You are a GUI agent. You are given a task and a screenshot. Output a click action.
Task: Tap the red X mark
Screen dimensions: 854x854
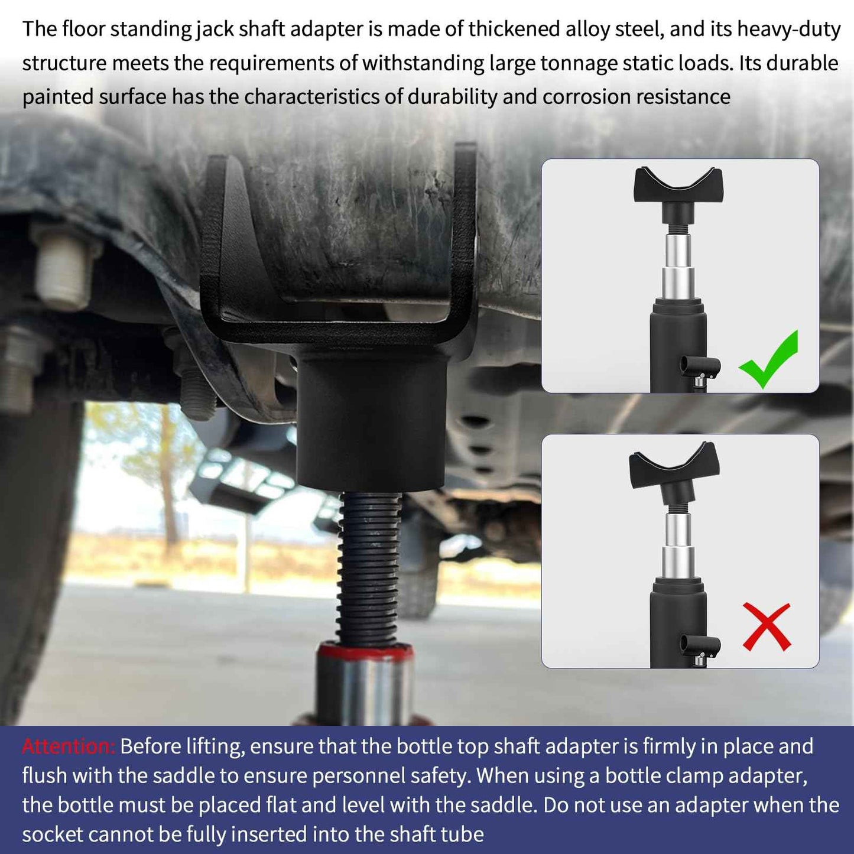point(767,626)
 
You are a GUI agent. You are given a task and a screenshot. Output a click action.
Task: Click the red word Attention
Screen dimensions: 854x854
point(68,746)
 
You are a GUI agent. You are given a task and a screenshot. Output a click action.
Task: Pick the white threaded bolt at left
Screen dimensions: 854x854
point(62,269)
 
